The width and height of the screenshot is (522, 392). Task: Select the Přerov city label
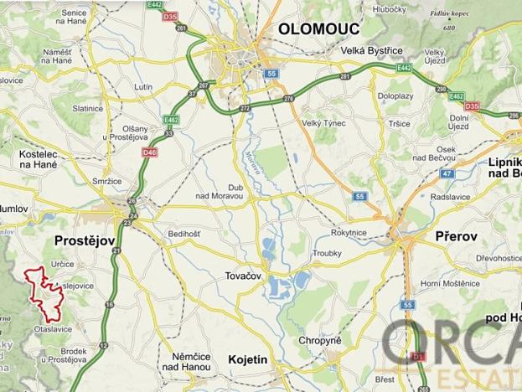456,237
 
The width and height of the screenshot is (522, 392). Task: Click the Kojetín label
247,360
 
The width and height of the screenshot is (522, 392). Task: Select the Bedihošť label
185,234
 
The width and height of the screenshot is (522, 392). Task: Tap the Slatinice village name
88,109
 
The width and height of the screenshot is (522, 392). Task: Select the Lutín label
142,86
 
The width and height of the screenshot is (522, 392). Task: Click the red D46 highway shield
150,152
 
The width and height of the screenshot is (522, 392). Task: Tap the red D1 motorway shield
420,358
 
